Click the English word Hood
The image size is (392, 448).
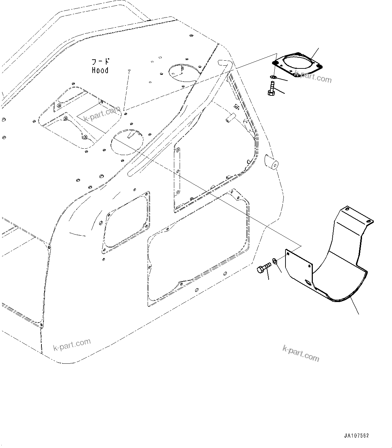[x=100, y=70]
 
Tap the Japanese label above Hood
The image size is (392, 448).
[x=101, y=62]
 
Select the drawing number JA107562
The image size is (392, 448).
[x=357, y=436]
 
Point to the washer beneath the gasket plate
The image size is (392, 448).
[x=273, y=78]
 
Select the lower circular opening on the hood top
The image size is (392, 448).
[x=127, y=141]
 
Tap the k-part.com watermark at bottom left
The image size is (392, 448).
[x=72, y=345]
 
